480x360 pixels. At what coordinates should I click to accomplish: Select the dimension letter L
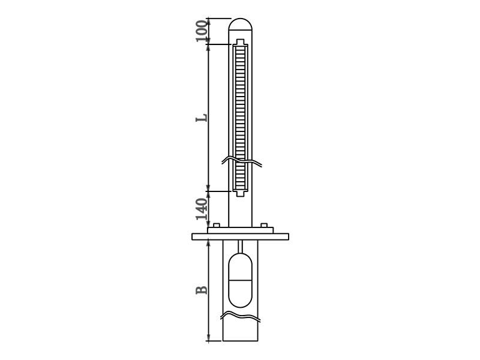[x=202, y=117]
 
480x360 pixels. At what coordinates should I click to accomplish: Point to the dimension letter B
[x=202, y=290]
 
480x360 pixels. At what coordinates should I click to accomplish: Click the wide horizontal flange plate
[x=240, y=236]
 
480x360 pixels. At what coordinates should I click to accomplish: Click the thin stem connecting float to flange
[x=241, y=246]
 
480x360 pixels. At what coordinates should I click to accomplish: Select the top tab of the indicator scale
[x=241, y=42]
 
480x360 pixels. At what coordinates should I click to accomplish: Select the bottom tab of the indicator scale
[x=241, y=193]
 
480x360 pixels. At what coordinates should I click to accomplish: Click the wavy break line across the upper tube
[x=242, y=161]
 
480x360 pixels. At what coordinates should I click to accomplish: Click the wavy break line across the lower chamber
[x=241, y=316]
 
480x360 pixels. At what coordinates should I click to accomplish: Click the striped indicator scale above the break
[x=241, y=96]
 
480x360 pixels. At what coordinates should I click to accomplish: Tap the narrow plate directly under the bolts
[x=241, y=230]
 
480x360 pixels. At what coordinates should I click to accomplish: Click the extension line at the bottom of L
[x=219, y=191]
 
